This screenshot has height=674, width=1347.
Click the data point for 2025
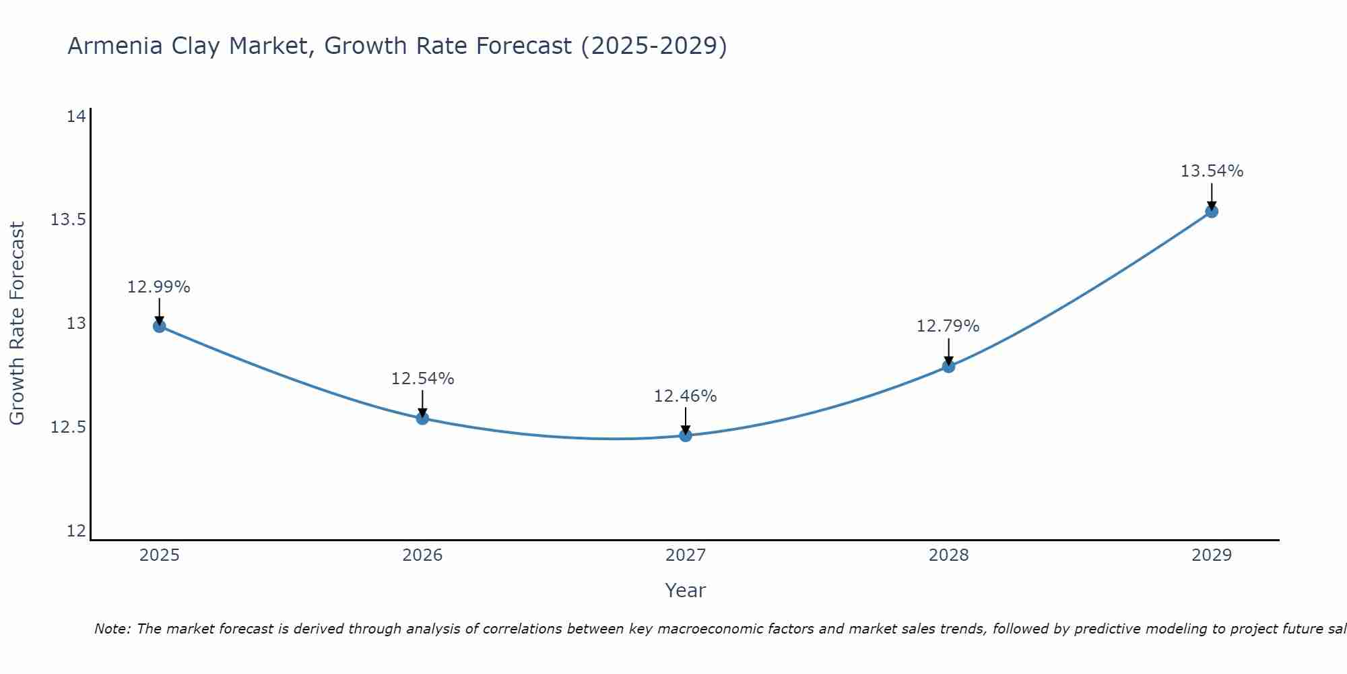pyautogui.click(x=160, y=326)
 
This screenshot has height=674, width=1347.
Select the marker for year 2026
pyautogui.click(x=422, y=419)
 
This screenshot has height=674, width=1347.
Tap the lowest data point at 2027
pyautogui.click(x=686, y=435)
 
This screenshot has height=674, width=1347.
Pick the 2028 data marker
pyautogui.click(x=948, y=367)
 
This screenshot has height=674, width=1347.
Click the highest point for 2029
pyautogui.click(x=1211, y=212)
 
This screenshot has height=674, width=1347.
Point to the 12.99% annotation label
pyautogui.click(x=159, y=287)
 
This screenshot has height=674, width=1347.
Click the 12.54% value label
pyautogui.click(x=422, y=379)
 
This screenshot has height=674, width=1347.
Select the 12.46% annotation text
pyautogui.click(x=685, y=396)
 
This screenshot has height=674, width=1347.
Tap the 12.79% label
pyautogui.click(x=948, y=326)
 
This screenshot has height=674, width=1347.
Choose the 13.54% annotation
pyautogui.click(x=1212, y=171)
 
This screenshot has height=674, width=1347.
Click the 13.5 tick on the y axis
pyautogui.click(x=68, y=220)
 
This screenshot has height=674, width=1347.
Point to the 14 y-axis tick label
pyautogui.click(x=76, y=117)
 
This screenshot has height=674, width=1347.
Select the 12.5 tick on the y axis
pyautogui.click(x=68, y=427)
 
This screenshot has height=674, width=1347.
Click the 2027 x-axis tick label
pyautogui.click(x=686, y=555)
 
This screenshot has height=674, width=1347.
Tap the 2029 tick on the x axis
pyautogui.click(x=1211, y=555)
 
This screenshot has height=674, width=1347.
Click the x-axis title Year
pyautogui.click(x=685, y=590)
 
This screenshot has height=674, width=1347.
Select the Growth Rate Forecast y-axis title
pyautogui.click(x=17, y=324)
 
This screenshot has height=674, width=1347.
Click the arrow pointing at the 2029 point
pyautogui.click(x=1212, y=195)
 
